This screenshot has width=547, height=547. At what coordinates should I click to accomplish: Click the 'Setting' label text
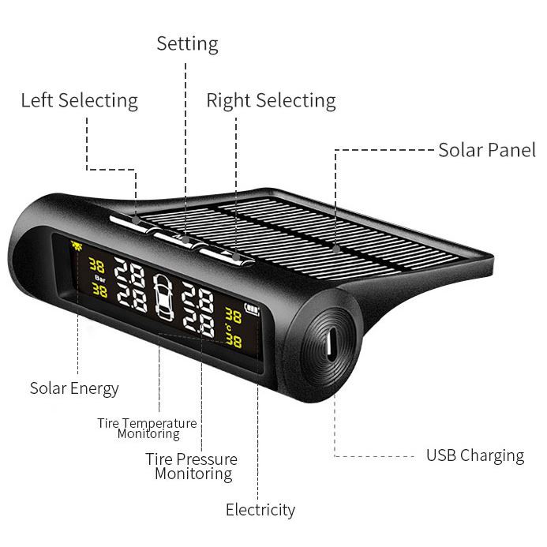click(x=187, y=43)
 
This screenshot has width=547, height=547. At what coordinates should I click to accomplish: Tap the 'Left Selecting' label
click(x=79, y=101)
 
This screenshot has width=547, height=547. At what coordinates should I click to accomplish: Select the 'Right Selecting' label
click(x=271, y=101)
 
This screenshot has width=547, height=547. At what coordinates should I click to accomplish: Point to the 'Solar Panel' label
click(x=487, y=150)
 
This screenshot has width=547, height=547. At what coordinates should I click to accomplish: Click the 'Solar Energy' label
click(x=74, y=388)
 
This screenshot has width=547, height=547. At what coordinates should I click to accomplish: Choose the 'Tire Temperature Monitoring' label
click(x=148, y=429)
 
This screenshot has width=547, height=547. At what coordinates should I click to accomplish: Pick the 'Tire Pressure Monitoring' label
click(x=192, y=466)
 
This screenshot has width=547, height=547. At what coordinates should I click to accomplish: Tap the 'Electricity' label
click(x=260, y=510)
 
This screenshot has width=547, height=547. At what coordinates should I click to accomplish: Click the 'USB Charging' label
click(x=475, y=455)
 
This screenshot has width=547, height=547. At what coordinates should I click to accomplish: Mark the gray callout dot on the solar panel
click(x=336, y=249)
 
